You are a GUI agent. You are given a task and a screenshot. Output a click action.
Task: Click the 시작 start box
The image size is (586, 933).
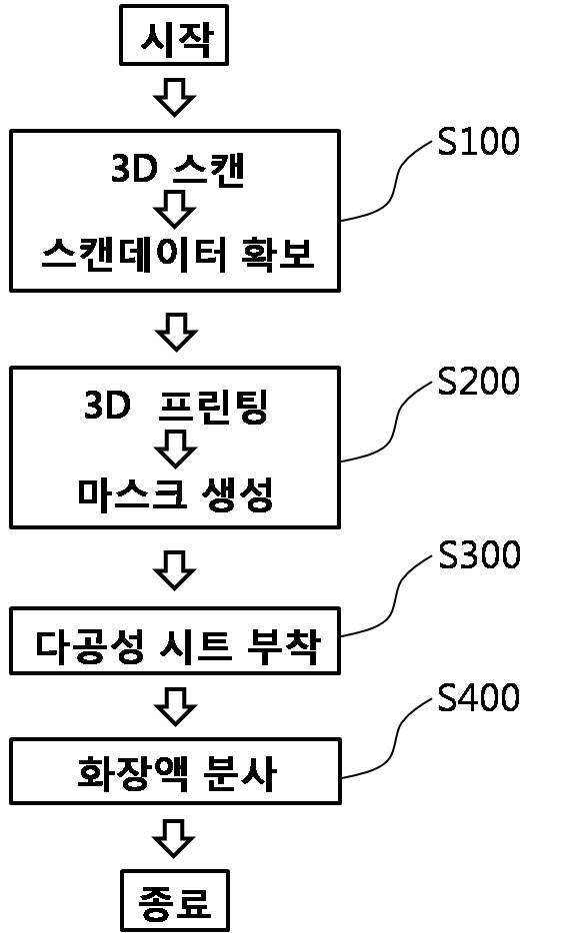click(x=174, y=35)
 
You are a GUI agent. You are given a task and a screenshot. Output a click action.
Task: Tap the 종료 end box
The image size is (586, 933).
click(x=175, y=900)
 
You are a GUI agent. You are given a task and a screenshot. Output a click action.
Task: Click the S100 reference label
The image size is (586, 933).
click(x=479, y=142)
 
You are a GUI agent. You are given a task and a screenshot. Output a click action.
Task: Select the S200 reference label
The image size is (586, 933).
click(x=479, y=382)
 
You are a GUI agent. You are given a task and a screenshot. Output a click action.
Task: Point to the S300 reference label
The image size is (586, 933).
click(x=479, y=555)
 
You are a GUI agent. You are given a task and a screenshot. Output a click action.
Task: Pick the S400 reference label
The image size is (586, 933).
click(x=479, y=698)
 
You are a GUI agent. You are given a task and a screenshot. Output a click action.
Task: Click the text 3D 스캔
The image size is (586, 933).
click(x=178, y=169)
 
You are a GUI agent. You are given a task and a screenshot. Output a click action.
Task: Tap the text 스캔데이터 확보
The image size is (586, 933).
click(x=177, y=255)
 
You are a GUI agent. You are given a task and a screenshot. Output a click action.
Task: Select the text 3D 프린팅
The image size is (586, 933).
click(x=176, y=406)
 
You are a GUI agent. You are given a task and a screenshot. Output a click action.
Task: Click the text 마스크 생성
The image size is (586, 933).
click(x=175, y=493)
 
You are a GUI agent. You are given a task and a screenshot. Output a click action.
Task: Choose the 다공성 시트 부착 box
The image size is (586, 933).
click(x=175, y=641)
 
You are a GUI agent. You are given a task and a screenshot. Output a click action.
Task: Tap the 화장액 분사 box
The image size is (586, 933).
click(x=175, y=771)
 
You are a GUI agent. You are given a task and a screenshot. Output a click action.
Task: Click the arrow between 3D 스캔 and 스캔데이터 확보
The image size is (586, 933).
click(x=174, y=209)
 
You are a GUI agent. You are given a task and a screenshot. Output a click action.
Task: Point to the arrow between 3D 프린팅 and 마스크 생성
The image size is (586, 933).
click(x=175, y=449)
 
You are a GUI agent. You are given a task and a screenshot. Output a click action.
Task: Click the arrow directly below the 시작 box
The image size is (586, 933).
click(x=174, y=96)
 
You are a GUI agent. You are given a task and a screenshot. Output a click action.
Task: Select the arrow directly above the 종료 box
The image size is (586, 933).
click(x=174, y=838)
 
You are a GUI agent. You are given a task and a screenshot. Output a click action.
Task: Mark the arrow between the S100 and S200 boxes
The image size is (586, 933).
click(x=176, y=331)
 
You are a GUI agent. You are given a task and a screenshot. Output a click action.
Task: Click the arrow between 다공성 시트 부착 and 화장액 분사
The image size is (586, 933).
click(x=175, y=706)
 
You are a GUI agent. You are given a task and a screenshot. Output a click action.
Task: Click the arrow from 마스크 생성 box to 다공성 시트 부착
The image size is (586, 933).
click(x=174, y=569)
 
